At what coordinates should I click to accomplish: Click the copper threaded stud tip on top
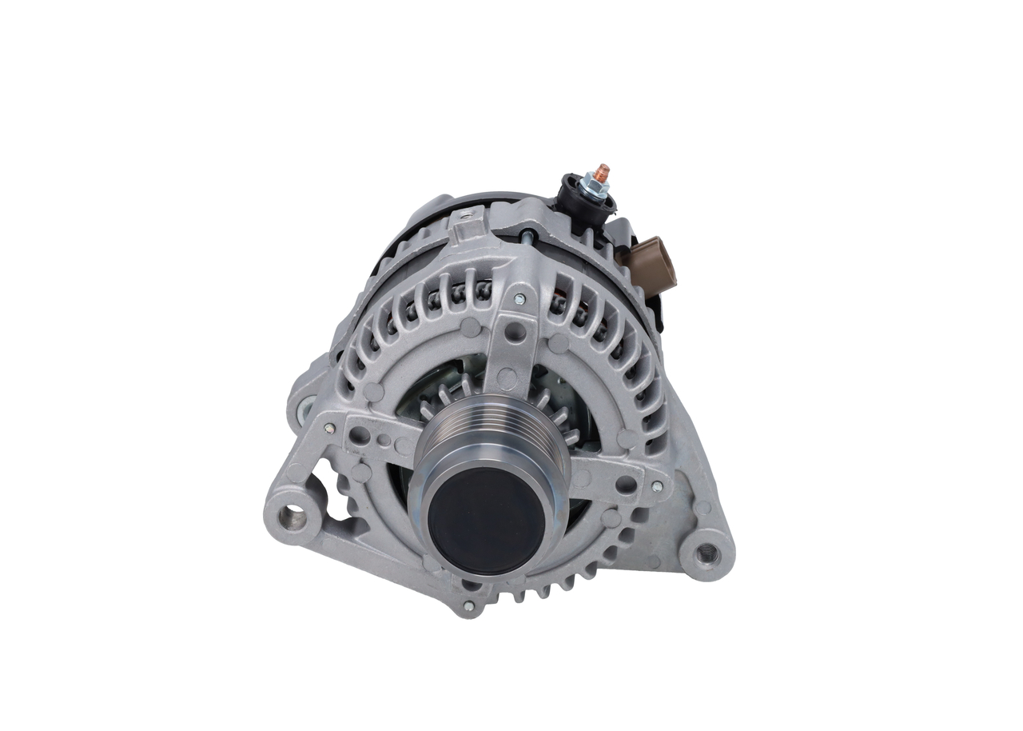point(601,172)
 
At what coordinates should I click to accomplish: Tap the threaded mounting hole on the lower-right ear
point(706,552)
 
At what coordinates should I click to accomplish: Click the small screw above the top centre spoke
point(519,298)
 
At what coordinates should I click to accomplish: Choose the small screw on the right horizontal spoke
point(656,485)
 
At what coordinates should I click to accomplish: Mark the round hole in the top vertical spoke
point(516,330)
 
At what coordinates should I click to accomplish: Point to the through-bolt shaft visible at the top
point(528,235)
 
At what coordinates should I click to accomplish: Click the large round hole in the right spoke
point(626,484)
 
